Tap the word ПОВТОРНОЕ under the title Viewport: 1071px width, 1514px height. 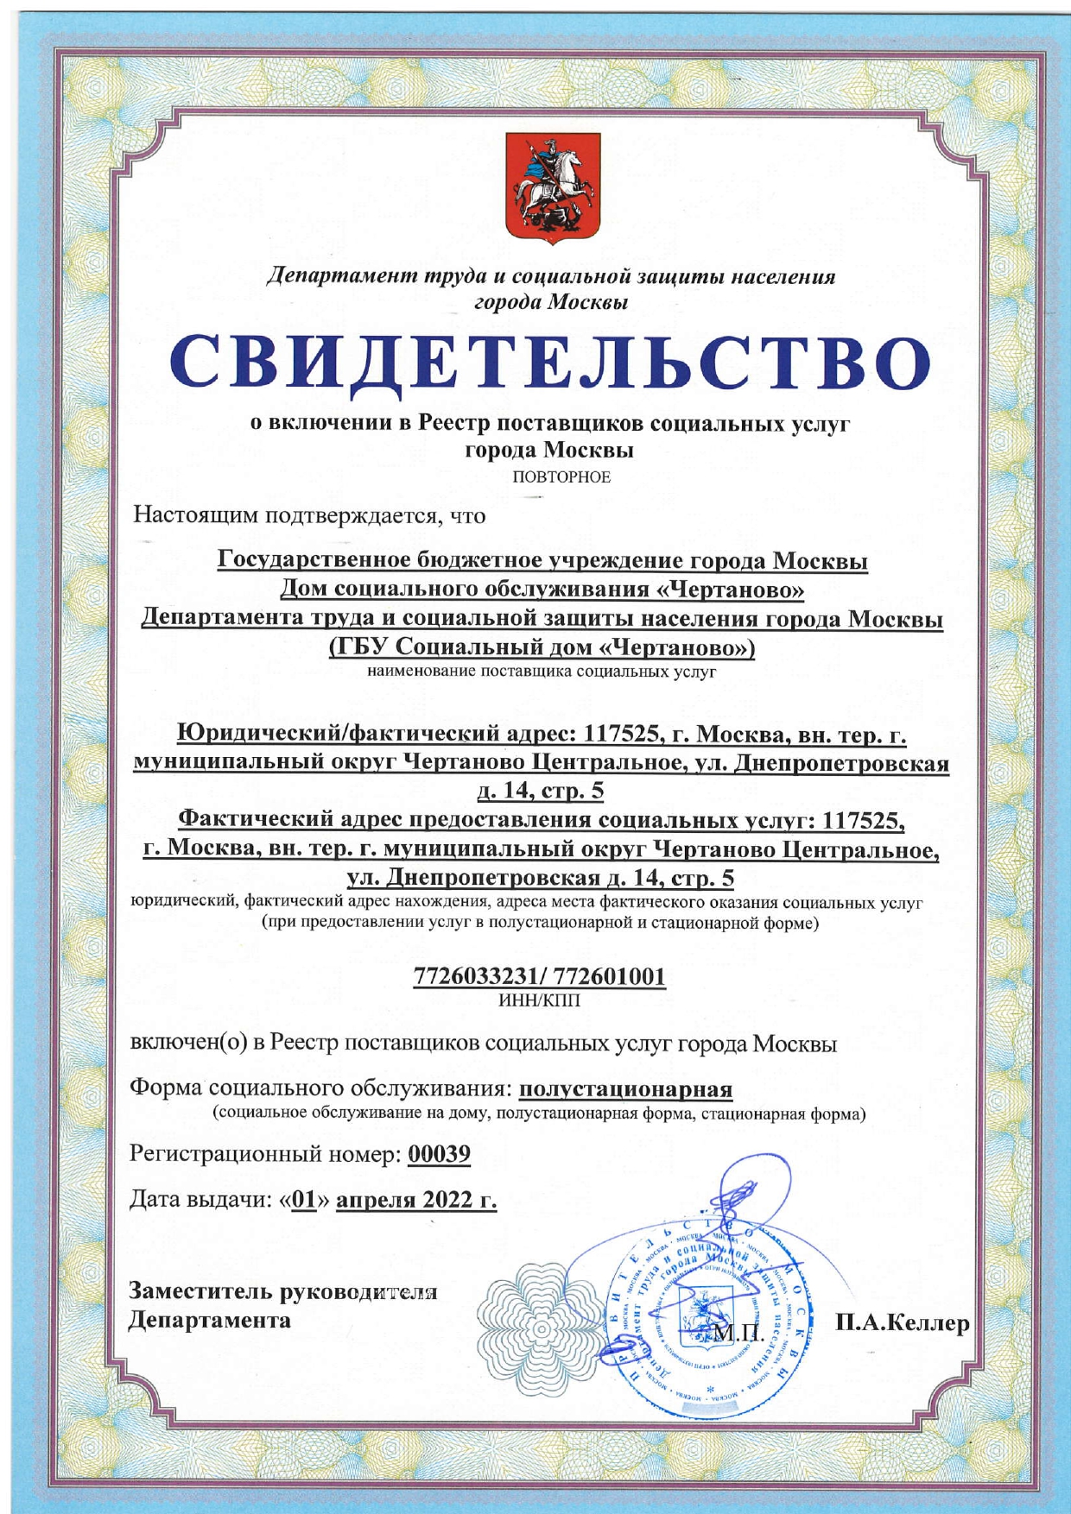[x=561, y=477]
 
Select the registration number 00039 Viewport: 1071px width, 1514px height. [x=439, y=1154]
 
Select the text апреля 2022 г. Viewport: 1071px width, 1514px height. [x=416, y=1200]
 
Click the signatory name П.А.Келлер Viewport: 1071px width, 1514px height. [x=903, y=1322]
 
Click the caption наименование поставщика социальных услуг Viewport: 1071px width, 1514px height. [x=542, y=671]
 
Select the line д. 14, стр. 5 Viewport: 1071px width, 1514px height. [x=541, y=791]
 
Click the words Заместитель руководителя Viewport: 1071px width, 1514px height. [x=282, y=1291]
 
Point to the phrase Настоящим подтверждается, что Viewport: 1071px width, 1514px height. [x=308, y=516]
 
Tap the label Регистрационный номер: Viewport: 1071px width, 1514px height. [x=265, y=1154]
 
